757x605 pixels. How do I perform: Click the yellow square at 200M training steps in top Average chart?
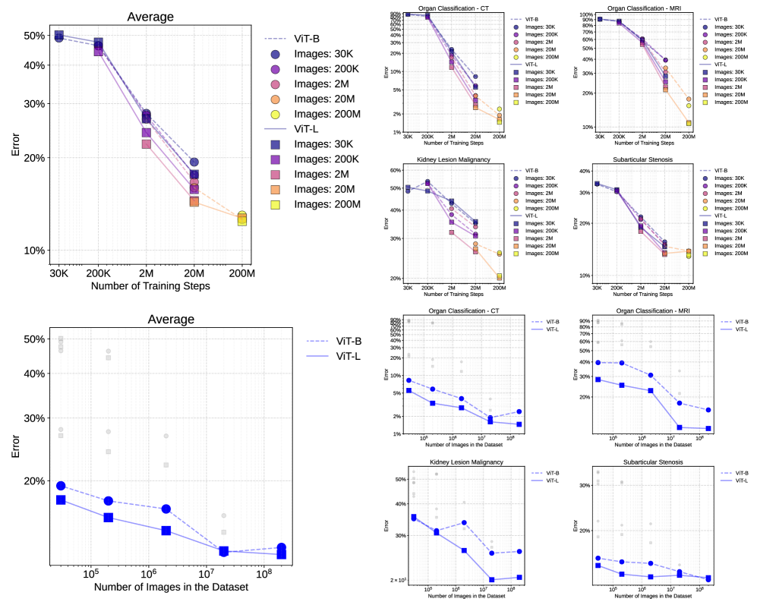pos(242,220)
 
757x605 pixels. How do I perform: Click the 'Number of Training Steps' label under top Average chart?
pos(150,286)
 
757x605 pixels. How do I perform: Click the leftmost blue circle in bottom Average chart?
pos(61,486)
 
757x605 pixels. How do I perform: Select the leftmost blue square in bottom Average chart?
pos(61,499)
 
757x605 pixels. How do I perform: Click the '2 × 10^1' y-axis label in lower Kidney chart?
pos(399,580)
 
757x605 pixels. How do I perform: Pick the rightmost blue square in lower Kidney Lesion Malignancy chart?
pos(519,578)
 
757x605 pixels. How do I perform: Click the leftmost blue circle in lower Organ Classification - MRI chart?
pos(599,363)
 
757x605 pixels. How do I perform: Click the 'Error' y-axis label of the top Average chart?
pos(15,144)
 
